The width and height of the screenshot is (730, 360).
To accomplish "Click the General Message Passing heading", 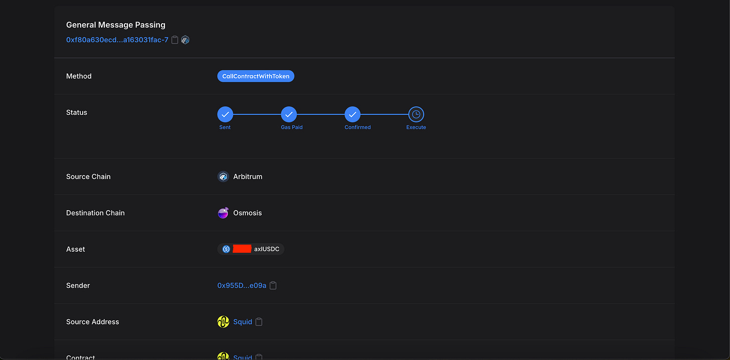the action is tap(116, 25).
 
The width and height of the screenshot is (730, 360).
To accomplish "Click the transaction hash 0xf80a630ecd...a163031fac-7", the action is tap(117, 40).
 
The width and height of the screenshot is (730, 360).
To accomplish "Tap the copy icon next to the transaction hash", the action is tap(175, 40).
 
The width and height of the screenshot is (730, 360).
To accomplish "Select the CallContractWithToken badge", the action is tap(256, 76).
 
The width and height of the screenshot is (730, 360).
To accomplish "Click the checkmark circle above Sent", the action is tap(225, 114).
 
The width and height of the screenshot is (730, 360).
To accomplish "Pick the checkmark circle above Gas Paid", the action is tap(289, 114).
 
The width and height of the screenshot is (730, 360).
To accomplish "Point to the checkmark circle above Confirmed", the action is tap(352, 114).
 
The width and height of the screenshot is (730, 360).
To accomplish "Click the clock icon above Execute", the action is tap(416, 114).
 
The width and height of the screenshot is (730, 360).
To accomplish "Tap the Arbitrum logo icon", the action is tap(223, 176).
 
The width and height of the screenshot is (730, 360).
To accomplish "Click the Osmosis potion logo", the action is tap(223, 213).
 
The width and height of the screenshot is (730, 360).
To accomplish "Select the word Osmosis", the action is tap(248, 213).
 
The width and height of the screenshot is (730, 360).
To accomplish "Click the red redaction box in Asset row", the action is tap(242, 249).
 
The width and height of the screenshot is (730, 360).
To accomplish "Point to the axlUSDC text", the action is tap(267, 249).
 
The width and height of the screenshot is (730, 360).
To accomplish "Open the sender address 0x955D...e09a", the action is tap(242, 286).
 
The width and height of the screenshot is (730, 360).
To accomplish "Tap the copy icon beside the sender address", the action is tap(273, 286).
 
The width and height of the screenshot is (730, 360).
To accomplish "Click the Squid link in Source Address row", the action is tap(243, 322).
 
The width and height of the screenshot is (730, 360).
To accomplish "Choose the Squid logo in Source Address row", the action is tap(223, 322).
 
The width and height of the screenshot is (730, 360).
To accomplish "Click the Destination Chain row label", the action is tap(95, 213).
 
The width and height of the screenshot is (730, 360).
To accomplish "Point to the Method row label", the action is tap(79, 76).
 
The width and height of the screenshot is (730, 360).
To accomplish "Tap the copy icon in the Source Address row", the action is tap(259, 322).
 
